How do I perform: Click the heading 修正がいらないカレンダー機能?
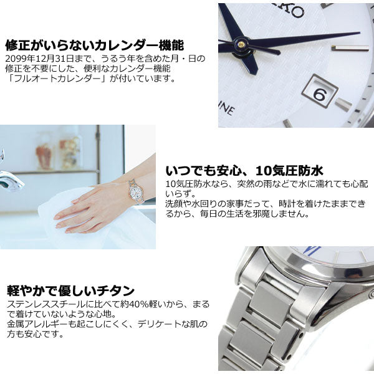pos(95,46)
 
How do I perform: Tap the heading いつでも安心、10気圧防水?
pos(244,171)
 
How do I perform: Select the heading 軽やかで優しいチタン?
pos(71,290)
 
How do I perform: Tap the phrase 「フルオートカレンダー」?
pos(57,79)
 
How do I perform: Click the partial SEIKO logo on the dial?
pos(294,10)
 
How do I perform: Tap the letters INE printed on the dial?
pos(227,110)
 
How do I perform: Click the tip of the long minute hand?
pos(360,32)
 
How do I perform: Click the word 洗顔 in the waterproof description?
pos(175,204)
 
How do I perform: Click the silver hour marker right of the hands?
pos(350,48)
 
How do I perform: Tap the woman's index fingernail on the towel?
pos(57,217)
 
